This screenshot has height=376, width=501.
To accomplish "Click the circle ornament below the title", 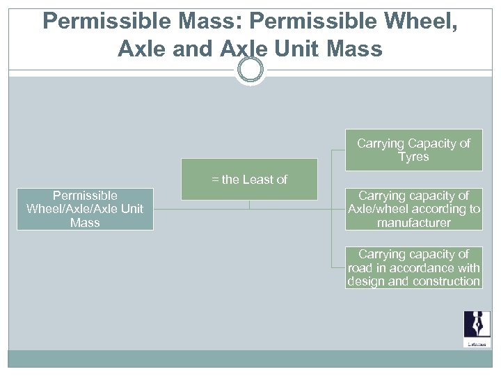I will pos(250,70).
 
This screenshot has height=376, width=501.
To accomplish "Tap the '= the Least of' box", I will pos(249,180).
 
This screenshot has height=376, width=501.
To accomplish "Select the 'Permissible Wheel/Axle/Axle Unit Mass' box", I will pos(85,209).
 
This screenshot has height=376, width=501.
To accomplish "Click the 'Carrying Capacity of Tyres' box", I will pos(413,150).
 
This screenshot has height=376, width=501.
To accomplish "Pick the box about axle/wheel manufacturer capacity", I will pos(413,209).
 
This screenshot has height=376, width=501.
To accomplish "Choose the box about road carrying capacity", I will pos(413,268).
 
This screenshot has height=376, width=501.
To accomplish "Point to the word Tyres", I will pos(413,157).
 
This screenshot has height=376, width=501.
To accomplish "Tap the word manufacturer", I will pos(413,223).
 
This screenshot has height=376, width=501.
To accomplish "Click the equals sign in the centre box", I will pos(215,180).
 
